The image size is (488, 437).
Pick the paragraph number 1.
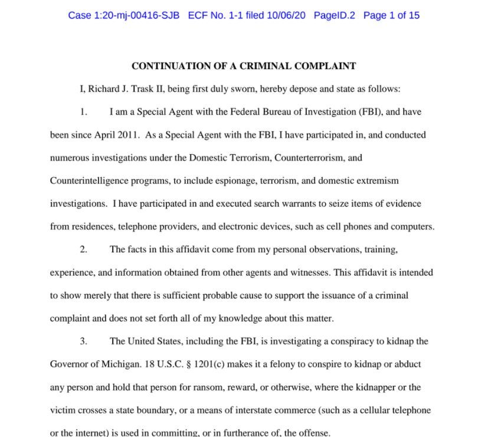83,112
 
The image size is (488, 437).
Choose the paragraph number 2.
84,249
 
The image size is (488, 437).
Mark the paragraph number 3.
84,341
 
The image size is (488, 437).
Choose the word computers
414,227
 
